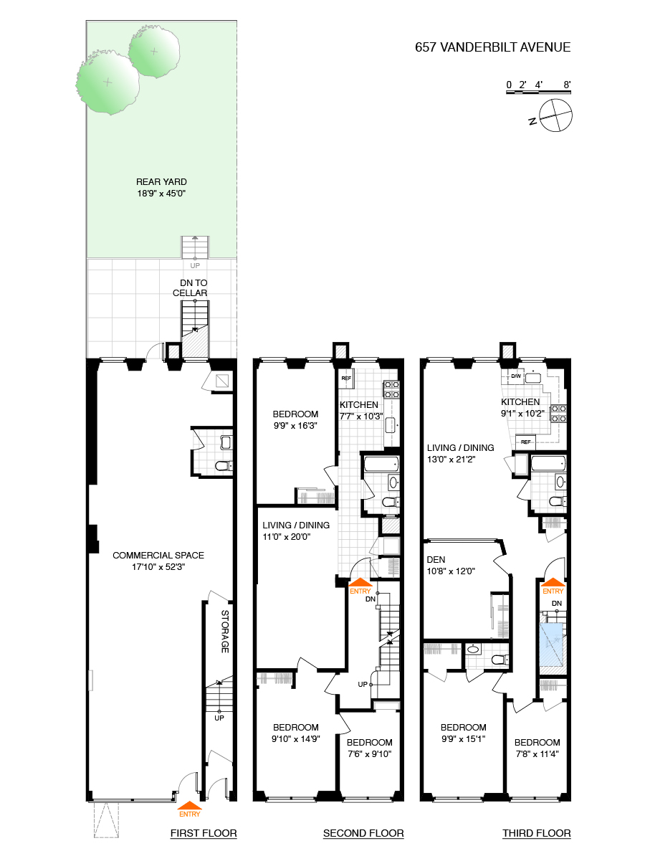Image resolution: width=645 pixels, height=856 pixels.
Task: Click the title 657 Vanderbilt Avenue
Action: click(x=493, y=48)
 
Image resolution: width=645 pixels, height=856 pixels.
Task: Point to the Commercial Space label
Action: click(x=158, y=561)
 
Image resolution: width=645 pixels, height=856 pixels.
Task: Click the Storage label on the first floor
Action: click(x=224, y=632)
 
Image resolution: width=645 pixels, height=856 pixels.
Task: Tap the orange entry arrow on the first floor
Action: click(x=189, y=807)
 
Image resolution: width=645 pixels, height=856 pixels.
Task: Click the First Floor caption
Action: click(x=204, y=833)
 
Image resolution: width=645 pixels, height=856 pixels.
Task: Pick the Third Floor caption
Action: click(x=537, y=833)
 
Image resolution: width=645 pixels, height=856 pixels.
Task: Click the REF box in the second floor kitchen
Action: click(x=346, y=378)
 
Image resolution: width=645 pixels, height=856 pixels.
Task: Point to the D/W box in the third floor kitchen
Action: click(x=516, y=376)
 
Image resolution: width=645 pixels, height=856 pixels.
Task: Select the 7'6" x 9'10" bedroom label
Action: click(x=369, y=748)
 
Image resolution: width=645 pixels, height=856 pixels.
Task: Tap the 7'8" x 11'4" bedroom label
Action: click(x=537, y=748)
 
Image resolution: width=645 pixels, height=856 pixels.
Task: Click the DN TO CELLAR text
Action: click(x=190, y=288)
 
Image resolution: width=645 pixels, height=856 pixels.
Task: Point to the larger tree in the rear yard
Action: click(x=107, y=83)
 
